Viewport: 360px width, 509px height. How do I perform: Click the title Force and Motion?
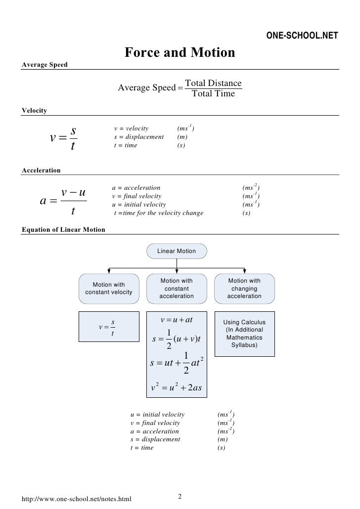pos(180,52)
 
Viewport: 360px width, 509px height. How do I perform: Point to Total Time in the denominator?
pos(213,93)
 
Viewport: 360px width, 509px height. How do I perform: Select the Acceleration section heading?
pos(42,170)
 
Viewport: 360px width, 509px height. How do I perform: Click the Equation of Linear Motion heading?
pos(64,230)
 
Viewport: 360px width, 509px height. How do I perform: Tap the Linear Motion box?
pos(177,251)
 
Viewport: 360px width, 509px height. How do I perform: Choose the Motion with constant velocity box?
pos(109,288)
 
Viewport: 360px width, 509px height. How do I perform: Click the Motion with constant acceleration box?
pos(177,288)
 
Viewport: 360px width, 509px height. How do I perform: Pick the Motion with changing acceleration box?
pos(244,288)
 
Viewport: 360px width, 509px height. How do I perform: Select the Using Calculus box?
pos(244,333)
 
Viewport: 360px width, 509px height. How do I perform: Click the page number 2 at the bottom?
pos(180,496)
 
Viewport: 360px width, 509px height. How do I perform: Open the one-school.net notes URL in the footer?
pos(77,499)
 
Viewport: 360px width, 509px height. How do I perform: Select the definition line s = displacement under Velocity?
pos(139,137)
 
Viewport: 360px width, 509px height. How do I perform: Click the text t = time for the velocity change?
pos(158,213)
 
